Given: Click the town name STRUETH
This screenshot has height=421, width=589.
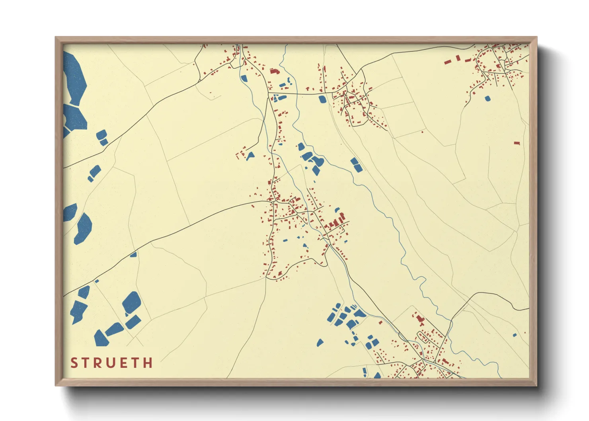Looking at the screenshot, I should pos(112,363).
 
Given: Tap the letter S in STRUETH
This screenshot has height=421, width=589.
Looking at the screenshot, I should pos(74,363).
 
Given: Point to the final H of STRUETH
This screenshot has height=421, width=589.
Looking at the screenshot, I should pos(148,363).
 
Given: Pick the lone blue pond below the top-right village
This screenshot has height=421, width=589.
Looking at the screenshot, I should pos(488,98).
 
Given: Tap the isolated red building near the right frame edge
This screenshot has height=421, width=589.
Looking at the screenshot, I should pos(517,142).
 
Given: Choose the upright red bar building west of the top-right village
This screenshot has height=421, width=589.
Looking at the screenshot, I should pos(458,58).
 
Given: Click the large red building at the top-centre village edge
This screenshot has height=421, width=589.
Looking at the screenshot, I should pos(274,71).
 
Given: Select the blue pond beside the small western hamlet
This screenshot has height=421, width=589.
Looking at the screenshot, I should pos(250,156).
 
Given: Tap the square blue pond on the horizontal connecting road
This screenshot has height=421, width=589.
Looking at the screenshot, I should pos(322,99).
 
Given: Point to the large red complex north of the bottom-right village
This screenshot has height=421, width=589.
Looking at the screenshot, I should pos(419,319).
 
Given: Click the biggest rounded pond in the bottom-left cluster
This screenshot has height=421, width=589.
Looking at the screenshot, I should pos(131,302).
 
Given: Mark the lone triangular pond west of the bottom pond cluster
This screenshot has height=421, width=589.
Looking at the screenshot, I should pos(320,342).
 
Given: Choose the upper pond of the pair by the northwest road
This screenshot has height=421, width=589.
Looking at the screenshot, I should pos(101,134).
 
